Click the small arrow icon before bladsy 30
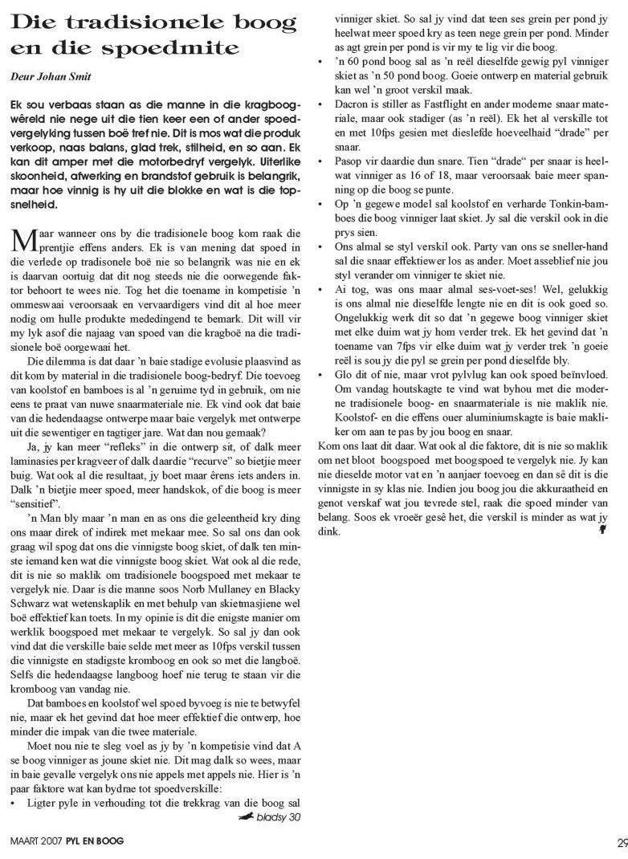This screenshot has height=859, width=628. point(246,817)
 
